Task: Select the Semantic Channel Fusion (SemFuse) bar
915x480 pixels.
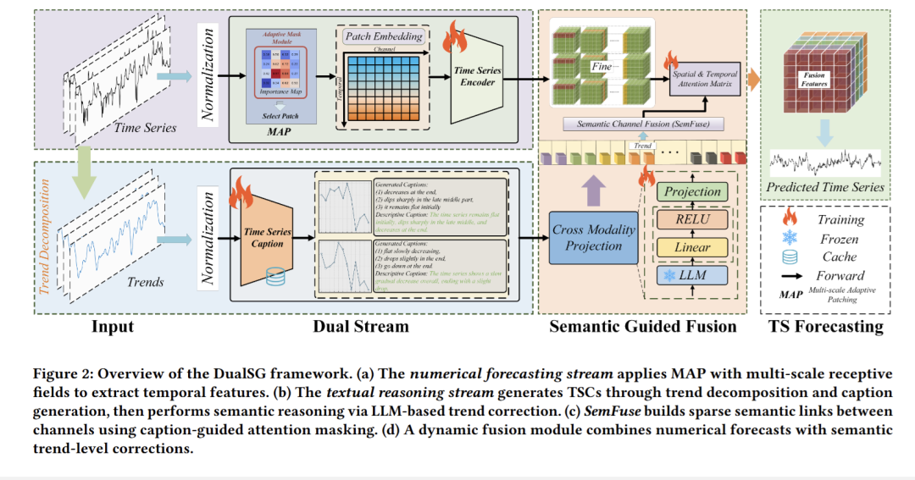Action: [644, 124]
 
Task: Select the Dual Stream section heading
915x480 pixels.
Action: [360, 326]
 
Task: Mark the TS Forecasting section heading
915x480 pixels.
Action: [826, 326]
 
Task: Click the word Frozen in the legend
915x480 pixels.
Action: [839, 240]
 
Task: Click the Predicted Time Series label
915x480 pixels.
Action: [825, 187]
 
